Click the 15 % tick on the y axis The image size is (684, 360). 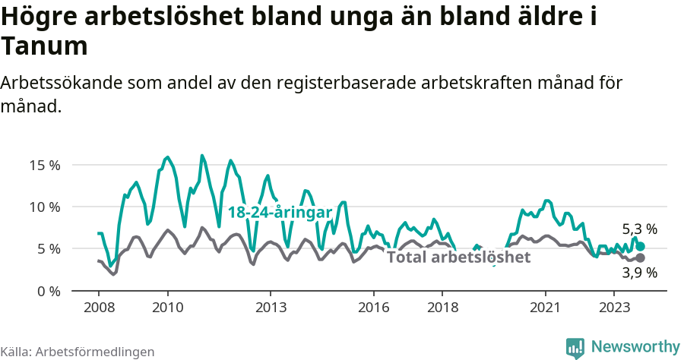(44, 165)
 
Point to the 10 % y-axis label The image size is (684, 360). (44, 207)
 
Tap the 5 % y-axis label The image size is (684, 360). (48, 248)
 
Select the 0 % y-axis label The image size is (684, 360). (48, 291)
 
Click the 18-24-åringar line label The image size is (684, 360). (280, 213)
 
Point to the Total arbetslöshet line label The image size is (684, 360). (458, 257)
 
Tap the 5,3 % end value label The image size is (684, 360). (639, 229)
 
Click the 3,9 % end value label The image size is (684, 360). (639, 273)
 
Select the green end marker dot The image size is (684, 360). (641, 246)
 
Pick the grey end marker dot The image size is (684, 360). (641, 258)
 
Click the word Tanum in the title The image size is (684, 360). (44, 47)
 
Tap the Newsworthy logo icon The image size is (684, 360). (575, 347)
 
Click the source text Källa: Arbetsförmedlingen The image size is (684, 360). (78, 352)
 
